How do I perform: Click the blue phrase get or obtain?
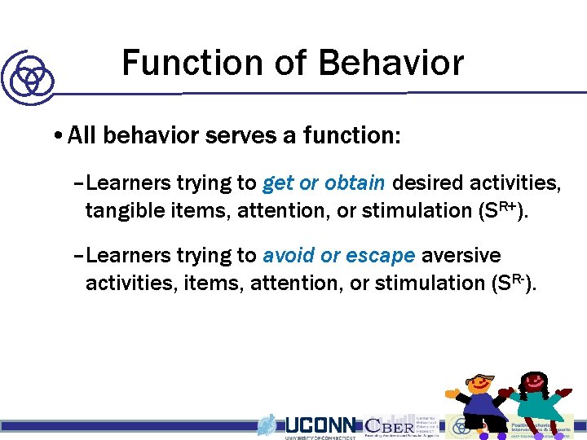pos(324,182)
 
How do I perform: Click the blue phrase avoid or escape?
pos(339,255)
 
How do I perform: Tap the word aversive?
pos(461,255)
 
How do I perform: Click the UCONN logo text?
pos(320,425)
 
